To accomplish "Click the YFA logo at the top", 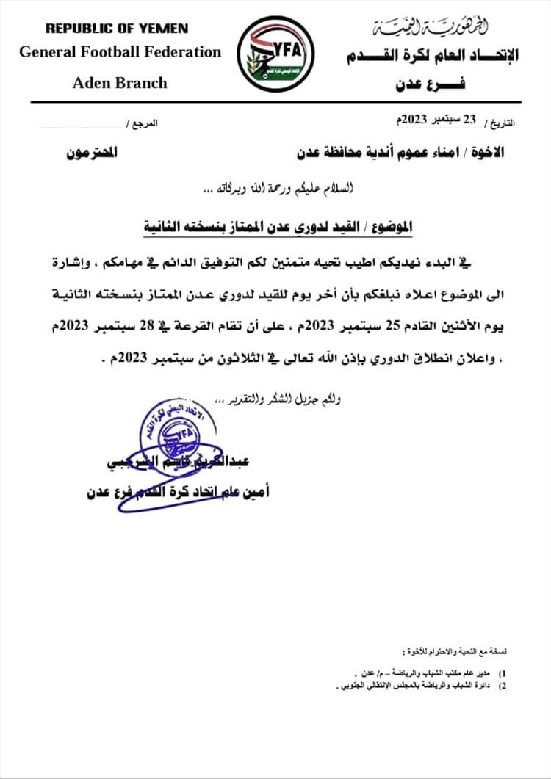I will click(276, 53).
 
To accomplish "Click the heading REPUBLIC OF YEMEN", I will click(117, 29).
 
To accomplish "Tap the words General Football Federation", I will click(120, 52).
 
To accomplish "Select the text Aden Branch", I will click(120, 82).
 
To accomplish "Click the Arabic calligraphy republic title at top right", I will click(430, 28).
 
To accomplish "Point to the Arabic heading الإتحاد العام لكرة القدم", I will click(430, 55).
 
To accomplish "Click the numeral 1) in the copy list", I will click(502, 673).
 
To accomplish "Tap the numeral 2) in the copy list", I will click(502, 685).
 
